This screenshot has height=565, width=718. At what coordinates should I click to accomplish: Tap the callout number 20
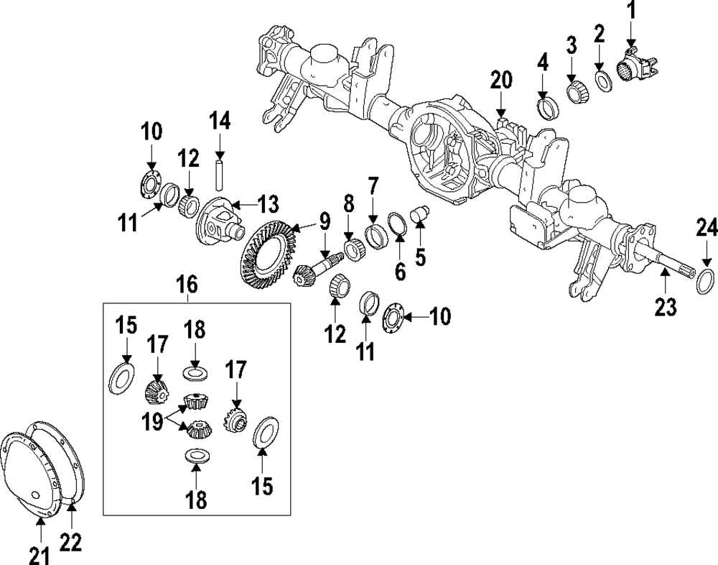click(x=501, y=80)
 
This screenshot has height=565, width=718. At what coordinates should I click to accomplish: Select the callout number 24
click(x=707, y=229)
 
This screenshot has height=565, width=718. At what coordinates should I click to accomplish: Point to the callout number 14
click(x=220, y=121)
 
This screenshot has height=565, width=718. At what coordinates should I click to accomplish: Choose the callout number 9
click(x=325, y=221)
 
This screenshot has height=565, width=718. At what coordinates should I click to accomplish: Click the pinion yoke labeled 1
click(x=635, y=69)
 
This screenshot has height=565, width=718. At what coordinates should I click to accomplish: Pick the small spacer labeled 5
click(x=419, y=214)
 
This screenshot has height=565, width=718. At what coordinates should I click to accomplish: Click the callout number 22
click(x=70, y=543)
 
